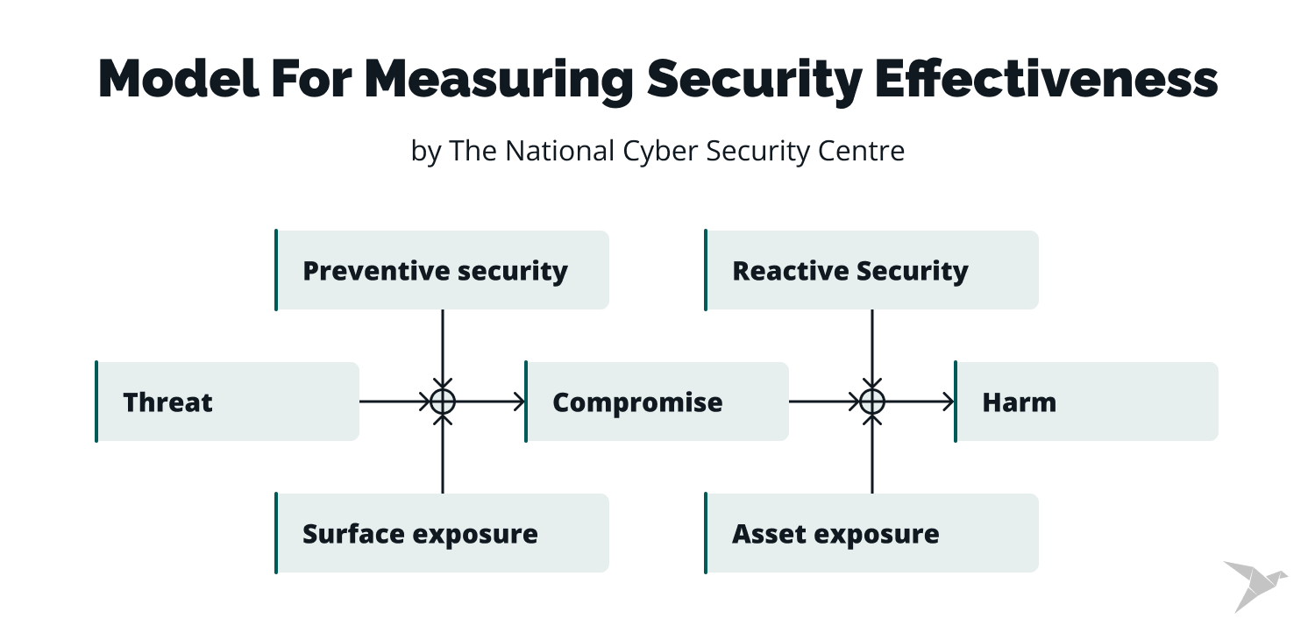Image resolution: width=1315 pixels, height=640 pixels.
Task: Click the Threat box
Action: [227, 402]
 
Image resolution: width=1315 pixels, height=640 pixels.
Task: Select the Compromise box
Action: [657, 402]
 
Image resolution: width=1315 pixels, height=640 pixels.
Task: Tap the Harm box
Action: [1086, 402]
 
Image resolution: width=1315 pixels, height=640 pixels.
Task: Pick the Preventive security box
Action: [442, 270]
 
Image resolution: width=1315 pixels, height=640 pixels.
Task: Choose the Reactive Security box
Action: [871, 270]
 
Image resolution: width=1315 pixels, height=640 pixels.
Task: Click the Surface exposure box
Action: [442, 533]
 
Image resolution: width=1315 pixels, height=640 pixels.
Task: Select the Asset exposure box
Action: [871, 533]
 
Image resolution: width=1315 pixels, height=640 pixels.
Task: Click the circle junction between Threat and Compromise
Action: [443, 402]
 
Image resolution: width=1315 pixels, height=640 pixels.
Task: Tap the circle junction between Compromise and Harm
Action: [871, 402]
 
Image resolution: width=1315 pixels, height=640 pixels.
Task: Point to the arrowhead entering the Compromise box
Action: [520, 402]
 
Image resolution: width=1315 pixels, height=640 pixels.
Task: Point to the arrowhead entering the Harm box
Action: [949, 402]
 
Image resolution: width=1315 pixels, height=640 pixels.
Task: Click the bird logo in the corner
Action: [1254, 584]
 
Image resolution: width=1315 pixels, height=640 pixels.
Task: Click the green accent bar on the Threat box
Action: [96, 402]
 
